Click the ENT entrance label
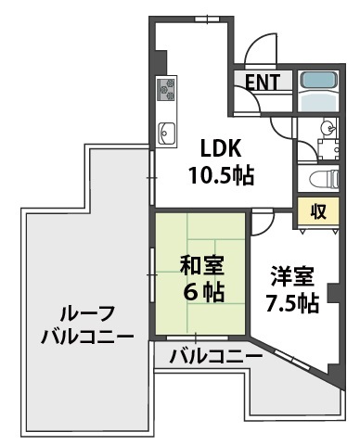click(264, 82)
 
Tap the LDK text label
click(223, 146)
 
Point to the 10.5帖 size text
click(223, 173)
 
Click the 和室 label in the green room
click(201, 264)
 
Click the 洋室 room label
click(292, 275)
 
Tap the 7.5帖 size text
click(293, 303)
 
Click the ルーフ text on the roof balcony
click(85, 312)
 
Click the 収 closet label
click(317, 210)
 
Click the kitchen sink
click(168, 133)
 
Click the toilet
click(317, 177)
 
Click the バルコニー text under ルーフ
click(85, 337)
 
